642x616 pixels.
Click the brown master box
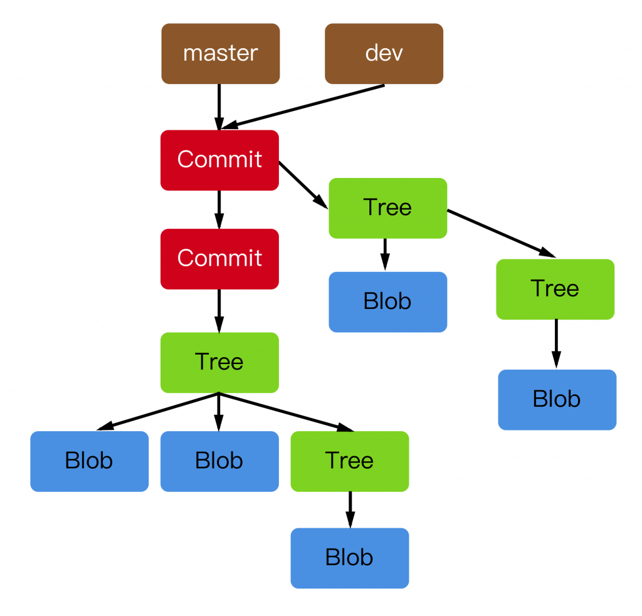point(220,53)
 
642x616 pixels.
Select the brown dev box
point(384,53)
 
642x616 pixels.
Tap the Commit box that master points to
point(219,160)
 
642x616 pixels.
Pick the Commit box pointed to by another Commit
point(219,258)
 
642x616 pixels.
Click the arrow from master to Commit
point(219,107)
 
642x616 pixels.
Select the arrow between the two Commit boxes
point(219,209)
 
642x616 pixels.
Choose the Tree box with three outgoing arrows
point(219,362)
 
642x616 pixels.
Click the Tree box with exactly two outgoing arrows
point(387,207)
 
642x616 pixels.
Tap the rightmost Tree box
point(555,289)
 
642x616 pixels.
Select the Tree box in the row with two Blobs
point(350,461)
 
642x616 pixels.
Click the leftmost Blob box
point(89,461)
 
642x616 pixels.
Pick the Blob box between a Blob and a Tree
point(219,461)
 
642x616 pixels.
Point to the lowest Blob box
point(350,558)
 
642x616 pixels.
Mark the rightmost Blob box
point(557,399)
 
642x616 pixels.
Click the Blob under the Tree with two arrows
point(387,301)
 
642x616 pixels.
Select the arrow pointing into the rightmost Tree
point(501,233)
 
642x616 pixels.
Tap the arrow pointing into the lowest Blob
point(350,509)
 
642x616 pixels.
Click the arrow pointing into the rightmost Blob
point(555,344)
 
